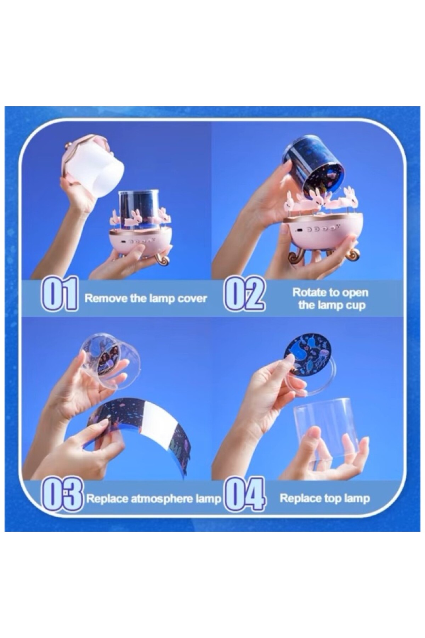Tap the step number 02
[x=244, y=294]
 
